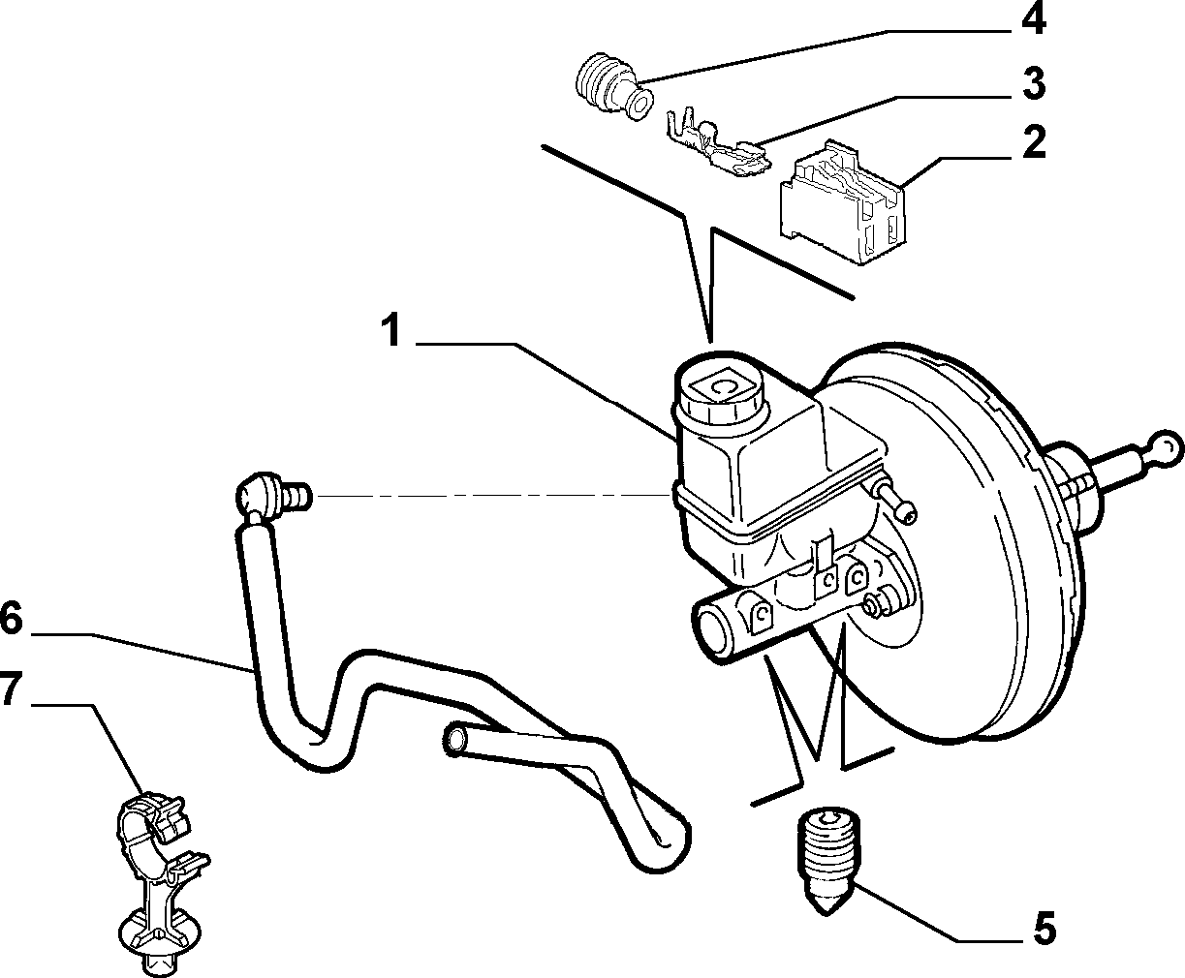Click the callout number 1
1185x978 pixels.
[x=391, y=331]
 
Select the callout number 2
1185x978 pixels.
[x=1035, y=142]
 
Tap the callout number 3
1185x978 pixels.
[x=1034, y=83]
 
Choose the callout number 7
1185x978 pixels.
[x=11, y=688]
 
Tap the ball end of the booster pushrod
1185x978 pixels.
[x=1167, y=449]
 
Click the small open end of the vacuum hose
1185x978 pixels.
[x=456, y=738]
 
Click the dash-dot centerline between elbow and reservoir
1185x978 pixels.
[x=492, y=496]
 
